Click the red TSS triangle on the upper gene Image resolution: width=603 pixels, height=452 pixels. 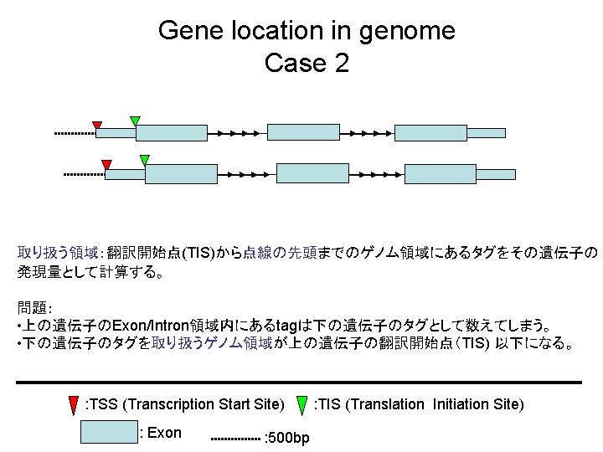click(97, 126)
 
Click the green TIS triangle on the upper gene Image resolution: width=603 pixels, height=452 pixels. click(135, 121)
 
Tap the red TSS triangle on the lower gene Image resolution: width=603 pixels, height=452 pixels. click(106, 163)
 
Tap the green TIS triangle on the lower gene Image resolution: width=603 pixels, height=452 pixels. click(144, 159)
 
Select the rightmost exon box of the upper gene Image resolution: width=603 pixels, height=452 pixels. click(430, 132)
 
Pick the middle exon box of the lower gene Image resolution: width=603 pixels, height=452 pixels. click(307, 173)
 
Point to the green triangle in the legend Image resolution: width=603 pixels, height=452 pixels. click(303, 403)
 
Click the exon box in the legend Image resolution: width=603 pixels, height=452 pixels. click(108, 431)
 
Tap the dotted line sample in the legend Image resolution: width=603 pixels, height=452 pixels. click(234, 439)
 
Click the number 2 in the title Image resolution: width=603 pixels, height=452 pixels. click(341, 63)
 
